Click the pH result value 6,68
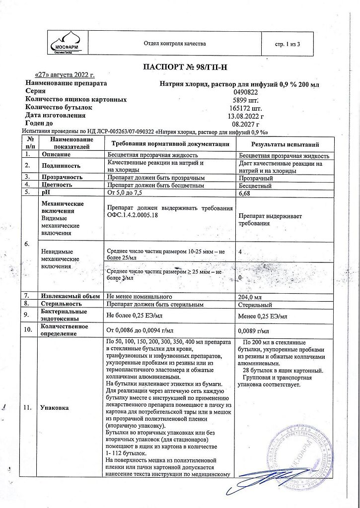(x=244, y=193)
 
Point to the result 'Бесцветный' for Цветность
(x=255, y=186)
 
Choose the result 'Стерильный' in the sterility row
(x=255, y=304)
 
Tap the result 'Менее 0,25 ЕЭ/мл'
(x=262, y=316)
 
